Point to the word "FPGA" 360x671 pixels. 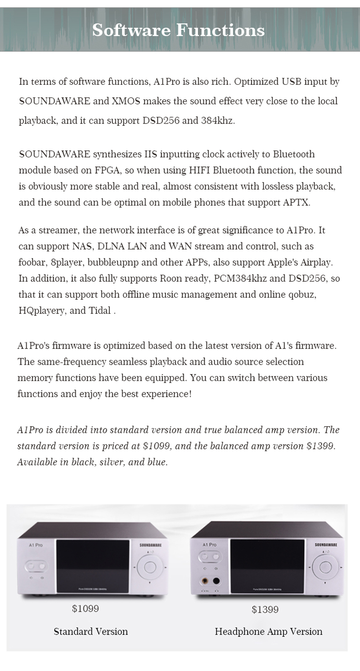point(107,170)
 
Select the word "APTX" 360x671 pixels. point(296,202)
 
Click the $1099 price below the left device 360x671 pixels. point(85,609)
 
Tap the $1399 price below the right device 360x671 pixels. point(265,609)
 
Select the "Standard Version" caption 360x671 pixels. point(91,631)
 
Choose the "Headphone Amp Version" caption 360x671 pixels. point(268,631)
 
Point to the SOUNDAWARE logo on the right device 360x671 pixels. point(326,545)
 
